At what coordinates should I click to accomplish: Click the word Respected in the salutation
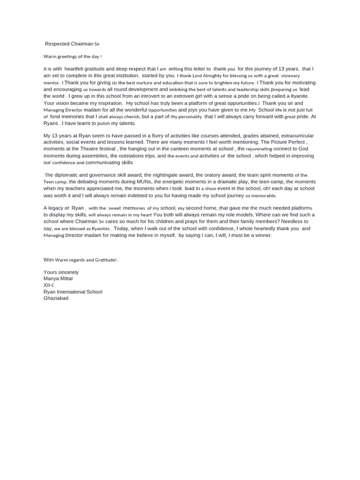[57, 44]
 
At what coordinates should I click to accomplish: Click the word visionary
[290, 75]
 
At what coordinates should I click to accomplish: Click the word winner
[263, 235]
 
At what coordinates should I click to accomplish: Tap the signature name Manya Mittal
[58, 278]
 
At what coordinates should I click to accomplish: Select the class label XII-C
[49, 285]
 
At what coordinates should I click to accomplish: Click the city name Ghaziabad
[56, 298]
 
